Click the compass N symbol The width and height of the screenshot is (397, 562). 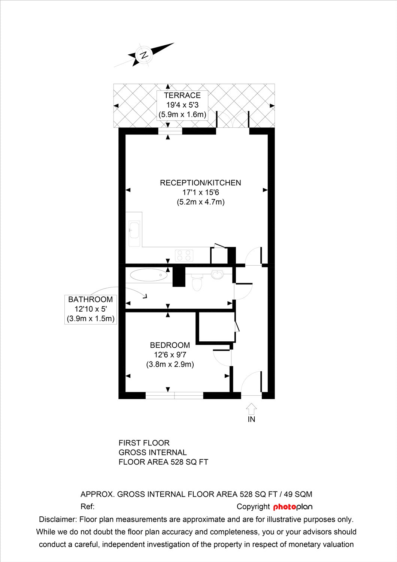(x=144, y=55)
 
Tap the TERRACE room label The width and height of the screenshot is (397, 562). (x=182, y=95)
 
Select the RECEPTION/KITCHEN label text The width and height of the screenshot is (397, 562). (x=200, y=183)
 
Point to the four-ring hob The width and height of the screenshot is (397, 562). (x=184, y=256)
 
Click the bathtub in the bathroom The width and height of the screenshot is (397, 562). (x=149, y=275)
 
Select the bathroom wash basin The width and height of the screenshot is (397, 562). (x=217, y=274)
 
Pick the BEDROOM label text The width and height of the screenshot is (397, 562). (x=170, y=345)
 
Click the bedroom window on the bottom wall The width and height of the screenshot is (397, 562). (x=174, y=395)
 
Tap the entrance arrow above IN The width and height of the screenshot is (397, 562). (x=251, y=409)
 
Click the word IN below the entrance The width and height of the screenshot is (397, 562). (x=251, y=420)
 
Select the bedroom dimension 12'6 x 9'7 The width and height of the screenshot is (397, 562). (x=170, y=355)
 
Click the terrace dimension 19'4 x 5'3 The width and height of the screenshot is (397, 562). (x=182, y=105)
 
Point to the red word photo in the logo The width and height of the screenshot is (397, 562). (x=285, y=507)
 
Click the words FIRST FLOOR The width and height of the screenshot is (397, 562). (x=144, y=443)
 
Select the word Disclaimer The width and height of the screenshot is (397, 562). (x=58, y=519)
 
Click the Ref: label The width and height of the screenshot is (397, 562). (x=88, y=507)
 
